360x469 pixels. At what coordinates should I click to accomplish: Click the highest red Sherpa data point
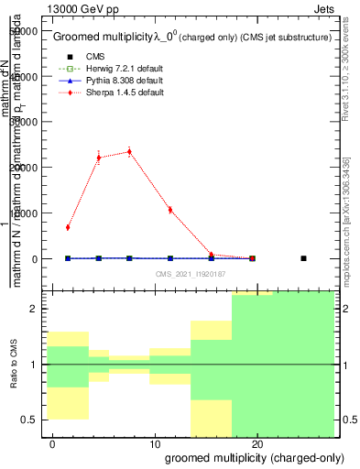point(129,152)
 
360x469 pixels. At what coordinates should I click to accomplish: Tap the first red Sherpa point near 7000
point(68,227)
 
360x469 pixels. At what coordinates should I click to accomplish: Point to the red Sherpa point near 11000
point(170,210)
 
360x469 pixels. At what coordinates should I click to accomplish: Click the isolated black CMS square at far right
point(303,258)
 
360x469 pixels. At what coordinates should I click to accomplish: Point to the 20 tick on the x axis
point(258,442)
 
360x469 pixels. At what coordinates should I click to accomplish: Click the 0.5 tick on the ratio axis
point(31,420)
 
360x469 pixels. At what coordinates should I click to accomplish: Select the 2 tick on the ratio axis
point(35,309)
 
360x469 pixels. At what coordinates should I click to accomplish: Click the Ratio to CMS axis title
point(12,364)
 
